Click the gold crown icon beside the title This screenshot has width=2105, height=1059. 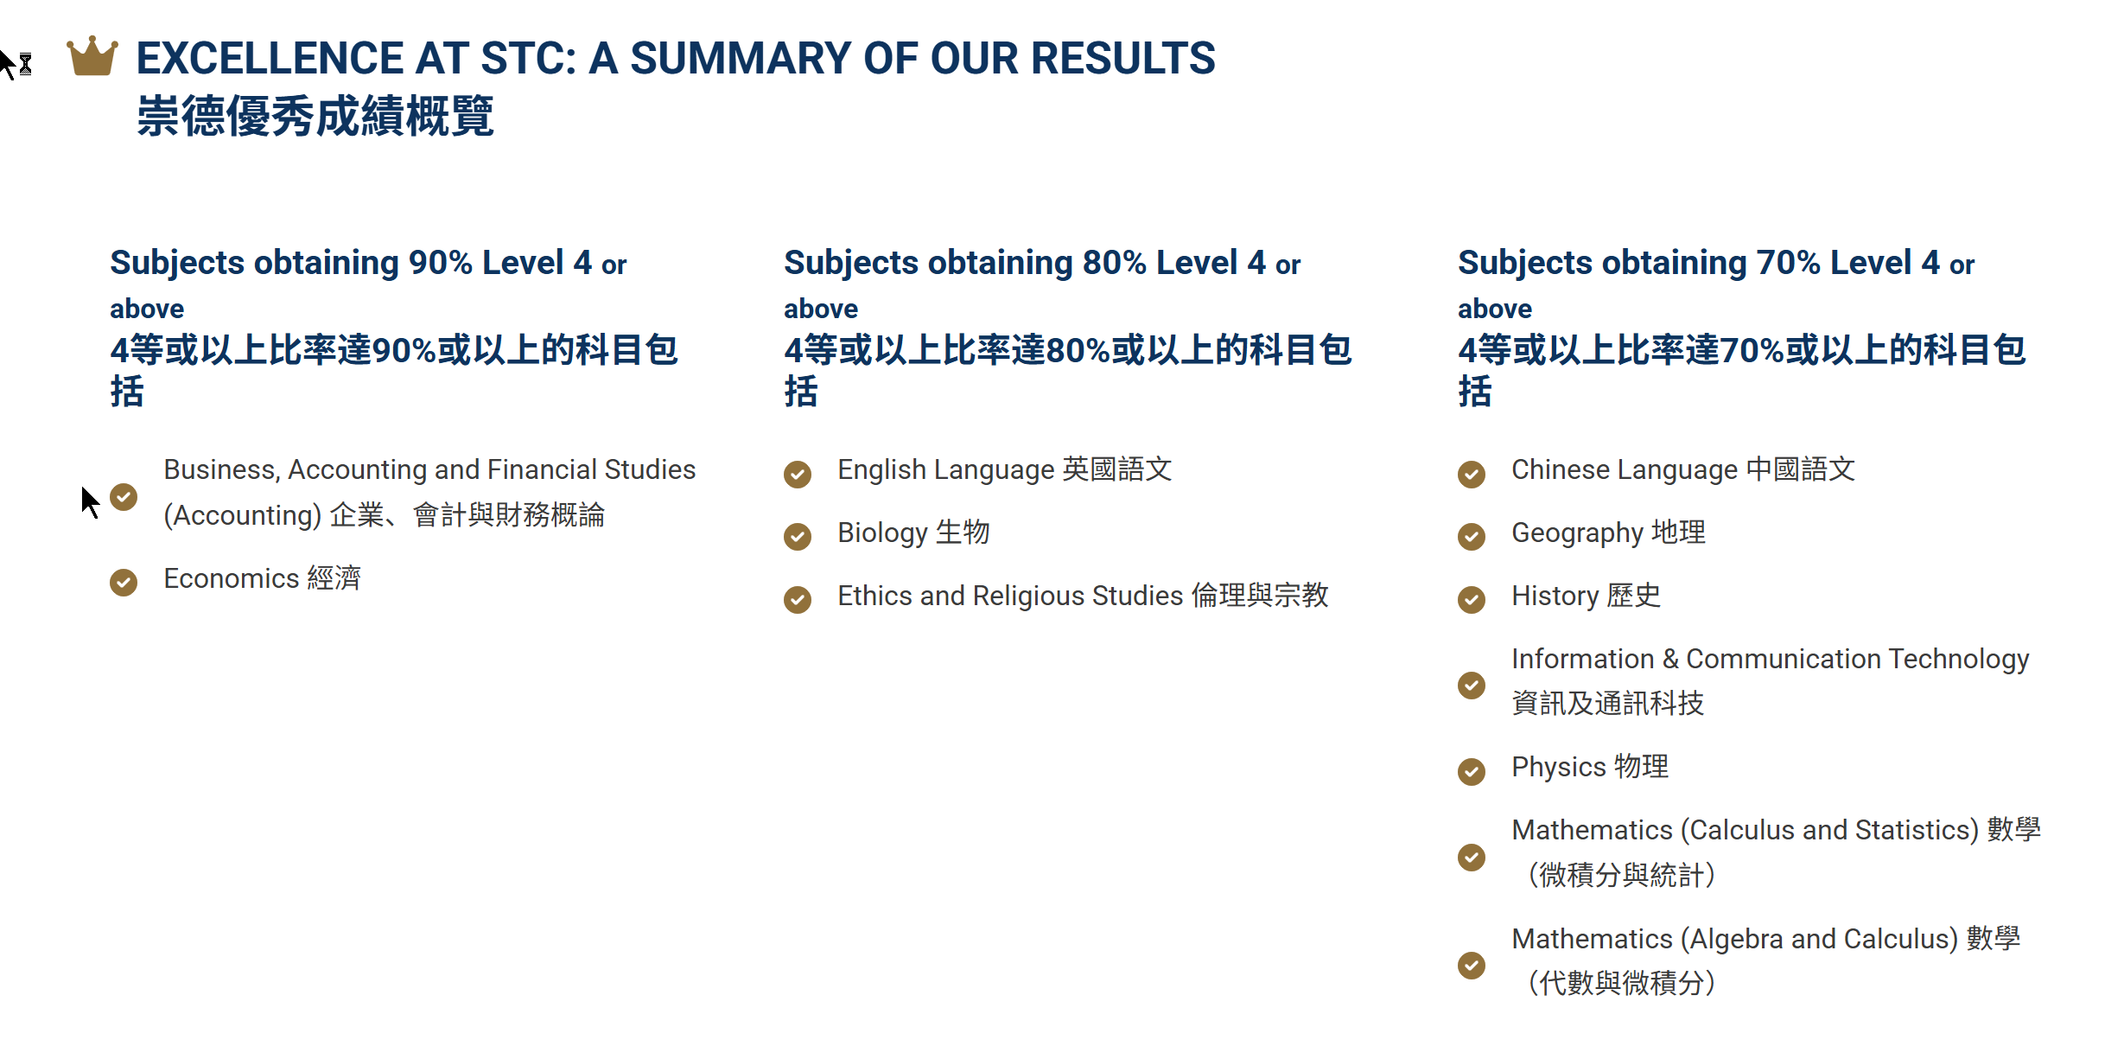92,56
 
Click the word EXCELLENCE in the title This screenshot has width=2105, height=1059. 270,59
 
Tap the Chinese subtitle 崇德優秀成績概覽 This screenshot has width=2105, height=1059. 315,116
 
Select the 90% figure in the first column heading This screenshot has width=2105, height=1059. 440,262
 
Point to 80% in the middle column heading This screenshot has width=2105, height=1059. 1114,262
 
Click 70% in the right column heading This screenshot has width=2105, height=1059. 1788,262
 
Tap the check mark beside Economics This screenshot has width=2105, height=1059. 124,582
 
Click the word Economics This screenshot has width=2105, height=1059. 231,578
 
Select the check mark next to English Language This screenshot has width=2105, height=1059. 798,474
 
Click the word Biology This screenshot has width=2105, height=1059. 882,533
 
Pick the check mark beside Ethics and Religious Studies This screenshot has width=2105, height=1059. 798,599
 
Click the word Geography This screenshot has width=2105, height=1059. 1577,533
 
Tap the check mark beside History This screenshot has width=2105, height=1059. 1472,599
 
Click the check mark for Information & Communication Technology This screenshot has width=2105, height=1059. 1472,685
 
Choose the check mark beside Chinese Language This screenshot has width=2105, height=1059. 1472,474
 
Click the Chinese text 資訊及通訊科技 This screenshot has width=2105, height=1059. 1608,703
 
